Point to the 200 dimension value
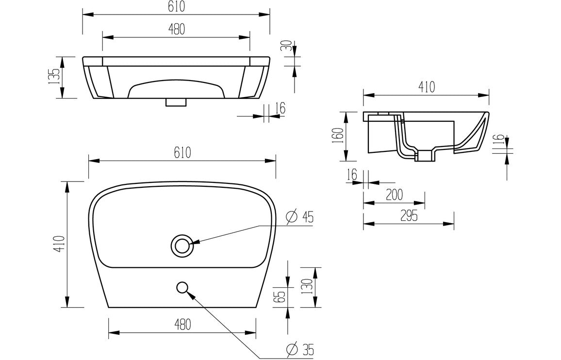pos(394,195)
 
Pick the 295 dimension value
pos(409,216)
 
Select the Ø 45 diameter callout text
pos(299,217)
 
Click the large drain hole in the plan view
pos(182,245)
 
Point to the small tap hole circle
pos(182,288)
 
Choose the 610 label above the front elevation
pos(176,7)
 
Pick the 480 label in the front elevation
pos(176,29)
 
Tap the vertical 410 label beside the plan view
pos(59,244)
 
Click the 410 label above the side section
pos(426,87)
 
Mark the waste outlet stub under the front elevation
pos(176,102)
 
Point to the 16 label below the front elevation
pos(280,108)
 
